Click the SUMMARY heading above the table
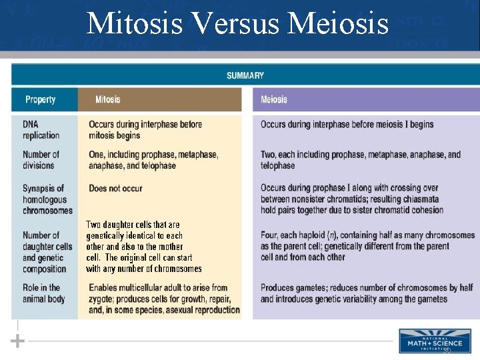tap(245, 75)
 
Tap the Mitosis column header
tap(107, 99)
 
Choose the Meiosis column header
tap(273, 99)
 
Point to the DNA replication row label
tap(41, 129)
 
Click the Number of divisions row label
tap(41, 159)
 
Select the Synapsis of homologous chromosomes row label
tap(47, 199)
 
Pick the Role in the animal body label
tap(43, 293)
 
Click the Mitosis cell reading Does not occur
tap(115, 189)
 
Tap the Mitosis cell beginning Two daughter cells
tap(143, 247)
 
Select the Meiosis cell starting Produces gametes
tap(366, 293)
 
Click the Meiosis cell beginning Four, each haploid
tap(367, 246)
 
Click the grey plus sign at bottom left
tap(18, 341)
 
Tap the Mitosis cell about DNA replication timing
tap(145, 129)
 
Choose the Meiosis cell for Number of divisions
tap(360, 159)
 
